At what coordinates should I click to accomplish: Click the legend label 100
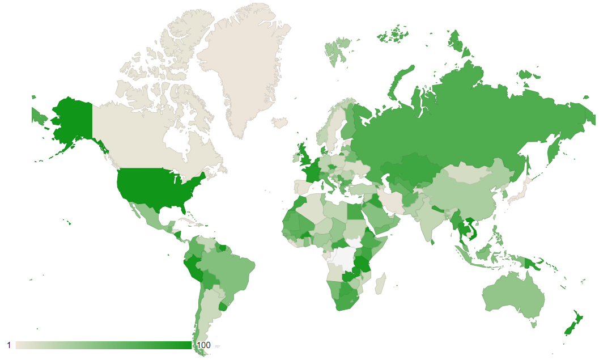(x=203, y=345)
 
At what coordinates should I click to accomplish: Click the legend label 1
(x=9, y=345)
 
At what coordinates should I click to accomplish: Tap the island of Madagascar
(x=380, y=283)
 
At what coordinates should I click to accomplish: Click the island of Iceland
(x=280, y=122)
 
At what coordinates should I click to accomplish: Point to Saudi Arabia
(x=377, y=216)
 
